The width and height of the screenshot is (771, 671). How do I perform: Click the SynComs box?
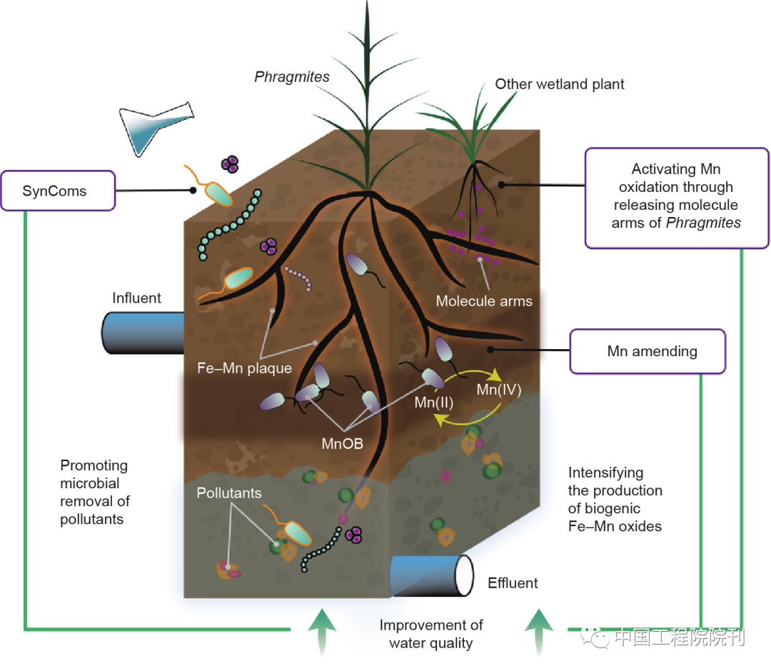click(x=58, y=191)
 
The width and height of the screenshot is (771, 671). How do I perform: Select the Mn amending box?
click(x=647, y=351)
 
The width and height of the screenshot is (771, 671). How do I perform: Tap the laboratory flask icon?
click(x=156, y=128)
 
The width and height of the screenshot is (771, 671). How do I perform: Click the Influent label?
click(x=136, y=298)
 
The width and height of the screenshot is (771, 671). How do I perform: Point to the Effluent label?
click(x=513, y=583)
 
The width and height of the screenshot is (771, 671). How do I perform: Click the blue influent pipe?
click(x=143, y=333)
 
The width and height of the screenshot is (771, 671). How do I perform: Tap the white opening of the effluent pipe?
click(x=464, y=575)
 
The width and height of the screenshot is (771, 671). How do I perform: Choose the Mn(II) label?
click(x=434, y=403)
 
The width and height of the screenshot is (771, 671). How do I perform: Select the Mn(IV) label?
click(x=498, y=390)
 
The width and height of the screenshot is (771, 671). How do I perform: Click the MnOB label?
click(x=342, y=444)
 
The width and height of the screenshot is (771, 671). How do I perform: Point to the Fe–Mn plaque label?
click(x=244, y=368)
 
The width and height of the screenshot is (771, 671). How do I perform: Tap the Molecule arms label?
click(x=484, y=301)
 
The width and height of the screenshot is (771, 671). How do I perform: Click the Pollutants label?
click(x=228, y=493)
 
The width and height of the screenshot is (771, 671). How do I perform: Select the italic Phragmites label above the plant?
click(x=291, y=76)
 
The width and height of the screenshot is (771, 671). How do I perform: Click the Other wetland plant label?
click(x=560, y=84)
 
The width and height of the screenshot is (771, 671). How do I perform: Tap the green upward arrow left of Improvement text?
click(x=322, y=632)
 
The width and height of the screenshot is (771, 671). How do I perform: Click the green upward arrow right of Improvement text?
click(x=539, y=632)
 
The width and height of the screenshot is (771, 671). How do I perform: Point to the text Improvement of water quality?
click(x=430, y=634)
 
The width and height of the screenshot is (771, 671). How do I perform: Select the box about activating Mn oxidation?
click(x=677, y=198)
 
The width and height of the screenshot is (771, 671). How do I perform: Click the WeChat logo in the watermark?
click(x=594, y=637)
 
